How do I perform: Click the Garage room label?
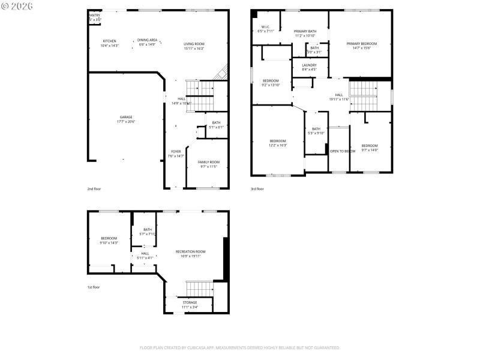(125, 117)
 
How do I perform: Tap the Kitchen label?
(109, 41)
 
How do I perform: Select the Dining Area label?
(147, 40)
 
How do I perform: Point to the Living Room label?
(194, 44)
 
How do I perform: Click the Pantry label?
(95, 16)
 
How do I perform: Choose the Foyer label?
(176, 151)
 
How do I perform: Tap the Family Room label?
(209, 162)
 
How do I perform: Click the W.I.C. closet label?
(265, 26)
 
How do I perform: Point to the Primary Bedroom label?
(362, 44)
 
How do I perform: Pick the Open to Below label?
(343, 151)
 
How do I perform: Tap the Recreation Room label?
(190, 251)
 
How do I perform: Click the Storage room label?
(190, 302)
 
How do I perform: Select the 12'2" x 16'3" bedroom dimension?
(278, 145)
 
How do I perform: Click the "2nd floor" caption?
(94, 189)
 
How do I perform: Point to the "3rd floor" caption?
(257, 189)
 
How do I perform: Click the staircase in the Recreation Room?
(199, 287)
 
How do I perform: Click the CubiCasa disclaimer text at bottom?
(240, 347)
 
